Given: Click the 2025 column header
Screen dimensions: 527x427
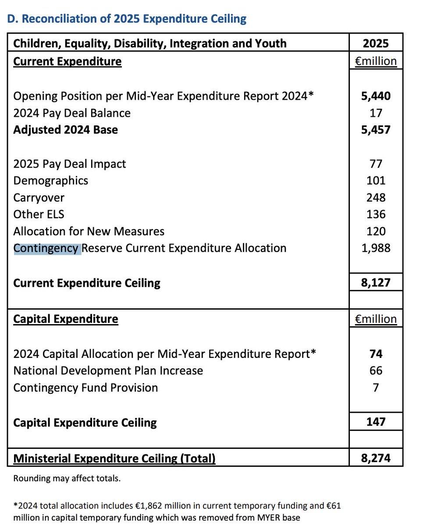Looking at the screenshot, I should tap(376, 43).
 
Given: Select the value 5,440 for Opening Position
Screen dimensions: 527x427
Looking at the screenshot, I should tap(376, 96).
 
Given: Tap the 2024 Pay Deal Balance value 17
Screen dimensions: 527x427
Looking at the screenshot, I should tap(376, 113).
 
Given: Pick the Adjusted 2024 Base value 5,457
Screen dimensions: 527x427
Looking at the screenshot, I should tap(376, 130).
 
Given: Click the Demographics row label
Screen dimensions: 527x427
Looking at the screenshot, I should tap(50, 180).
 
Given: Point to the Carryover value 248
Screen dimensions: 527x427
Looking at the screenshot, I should tap(376, 198).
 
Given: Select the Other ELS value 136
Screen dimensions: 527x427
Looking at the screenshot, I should tap(376, 214).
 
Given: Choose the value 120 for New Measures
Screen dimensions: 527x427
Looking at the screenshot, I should tap(376, 231).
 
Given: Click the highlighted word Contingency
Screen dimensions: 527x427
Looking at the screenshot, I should tap(46, 248).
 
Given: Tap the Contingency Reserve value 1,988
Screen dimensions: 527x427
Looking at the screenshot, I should tap(376, 248).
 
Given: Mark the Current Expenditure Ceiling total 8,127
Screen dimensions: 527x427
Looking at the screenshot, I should tap(376, 282).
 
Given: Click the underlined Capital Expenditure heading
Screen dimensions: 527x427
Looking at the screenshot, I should tap(66, 319).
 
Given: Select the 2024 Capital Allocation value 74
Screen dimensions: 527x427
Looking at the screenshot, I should tap(376, 354).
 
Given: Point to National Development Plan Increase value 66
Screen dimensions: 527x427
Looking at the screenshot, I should tap(376, 371).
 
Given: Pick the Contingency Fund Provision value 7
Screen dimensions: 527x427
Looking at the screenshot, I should tap(376, 388).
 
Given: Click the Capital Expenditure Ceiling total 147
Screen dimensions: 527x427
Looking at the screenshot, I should tap(376, 422).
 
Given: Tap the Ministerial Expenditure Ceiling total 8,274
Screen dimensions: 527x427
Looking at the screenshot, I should tap(376, 458).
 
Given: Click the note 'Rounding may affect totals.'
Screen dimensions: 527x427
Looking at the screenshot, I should tap(67, 478).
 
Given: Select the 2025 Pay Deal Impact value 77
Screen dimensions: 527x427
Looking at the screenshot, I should tap(376, 164).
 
